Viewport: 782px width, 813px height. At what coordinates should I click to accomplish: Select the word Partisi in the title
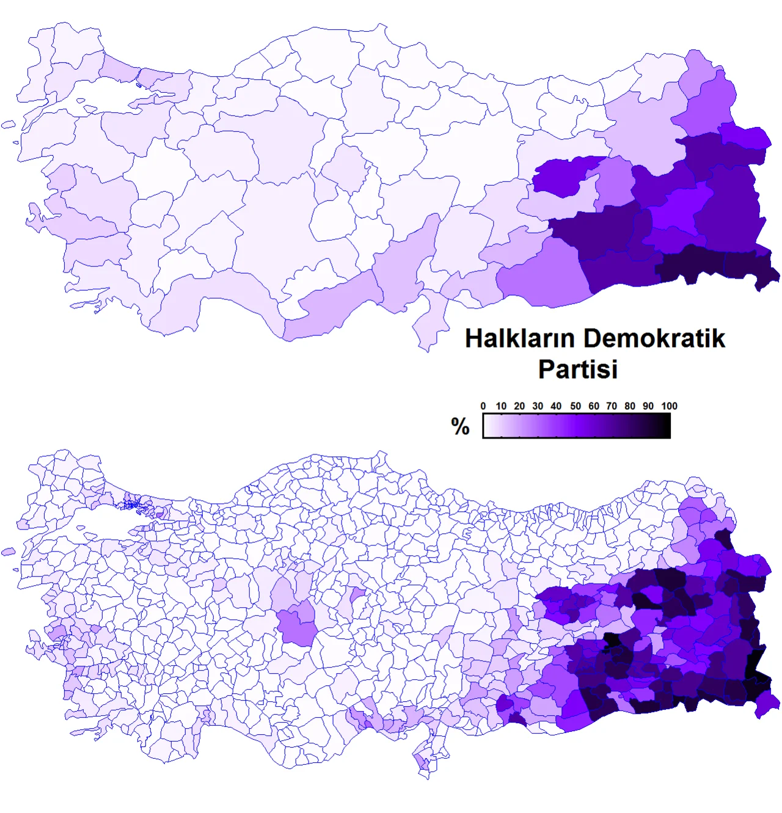coord(578,370)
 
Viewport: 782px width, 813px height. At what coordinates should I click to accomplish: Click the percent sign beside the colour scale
coord(460,426)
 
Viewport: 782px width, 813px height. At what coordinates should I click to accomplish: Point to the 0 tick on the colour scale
coord(483,406)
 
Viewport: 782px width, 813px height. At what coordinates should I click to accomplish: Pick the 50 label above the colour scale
coord(576,406)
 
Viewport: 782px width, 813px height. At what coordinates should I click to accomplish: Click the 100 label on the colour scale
coord(669,406)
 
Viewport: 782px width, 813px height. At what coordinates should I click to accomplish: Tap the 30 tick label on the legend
coord(538,406)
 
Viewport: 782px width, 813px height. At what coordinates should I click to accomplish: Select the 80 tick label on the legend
coord(630,406)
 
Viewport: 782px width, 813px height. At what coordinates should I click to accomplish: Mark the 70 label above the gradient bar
coord(612,406)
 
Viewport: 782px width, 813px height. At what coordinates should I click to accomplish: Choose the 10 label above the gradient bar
coord(501,406)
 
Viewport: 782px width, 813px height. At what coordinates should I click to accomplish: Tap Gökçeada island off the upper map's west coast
coord(8,125)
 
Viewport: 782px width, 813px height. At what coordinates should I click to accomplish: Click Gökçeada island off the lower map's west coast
coord(8,552)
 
